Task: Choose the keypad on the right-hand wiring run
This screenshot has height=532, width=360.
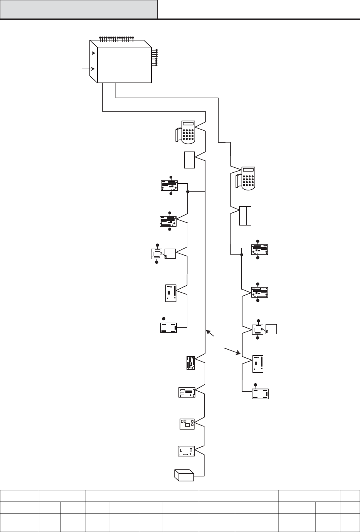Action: pyautogui.click(x=246, y=178)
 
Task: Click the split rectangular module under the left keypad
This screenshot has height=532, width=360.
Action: pyautogui.click(x=190, y=160)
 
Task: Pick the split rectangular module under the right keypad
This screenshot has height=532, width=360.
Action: pyautogui.click(x=245, y=216)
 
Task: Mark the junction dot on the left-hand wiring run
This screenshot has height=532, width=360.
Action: pyautogui.click(x=188, y=191)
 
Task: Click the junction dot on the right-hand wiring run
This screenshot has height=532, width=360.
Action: pyautogui.click(x=242, y=255)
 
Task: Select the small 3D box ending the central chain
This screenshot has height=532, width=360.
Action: pyautogui.click(x=184, y=475)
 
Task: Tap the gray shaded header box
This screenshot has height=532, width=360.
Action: pyautogui.click(x=79, y=9)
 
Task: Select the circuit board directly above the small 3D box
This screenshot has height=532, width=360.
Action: pyautogui.click(x=186, y=451)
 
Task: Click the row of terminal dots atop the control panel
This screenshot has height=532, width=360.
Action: pyautogui.click(x=116, y=38)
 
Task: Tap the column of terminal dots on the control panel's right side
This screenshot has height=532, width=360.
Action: pyautogui.click(x=156, y=58)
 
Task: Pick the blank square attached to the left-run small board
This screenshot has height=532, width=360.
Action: pyautogui.click(x=170, y=254)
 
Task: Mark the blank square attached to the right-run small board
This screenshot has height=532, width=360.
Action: pyautogui.click(x=271, y=329)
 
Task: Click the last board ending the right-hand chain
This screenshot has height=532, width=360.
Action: pyautogui.click(x=260, y=394)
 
